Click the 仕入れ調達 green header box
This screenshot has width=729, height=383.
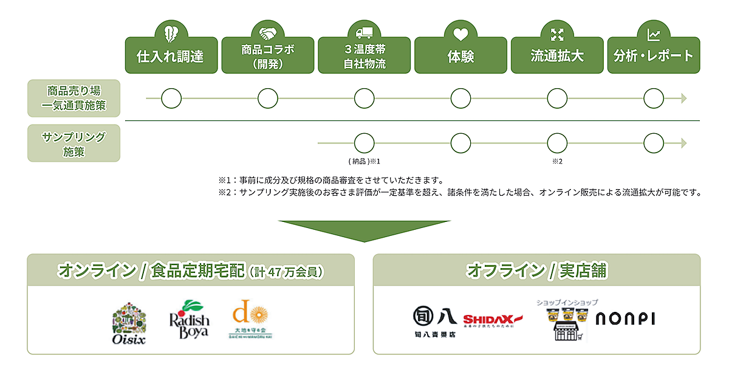coord(171,56)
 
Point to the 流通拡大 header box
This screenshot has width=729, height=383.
coord(557,56)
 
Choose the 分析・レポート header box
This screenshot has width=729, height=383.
coord(653,56)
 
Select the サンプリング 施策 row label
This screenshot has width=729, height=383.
coord(74,143)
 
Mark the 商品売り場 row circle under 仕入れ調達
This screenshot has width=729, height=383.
coord(171,98)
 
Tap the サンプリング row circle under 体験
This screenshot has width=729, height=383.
coord(460,143)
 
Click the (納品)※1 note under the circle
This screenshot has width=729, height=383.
coord(364,161)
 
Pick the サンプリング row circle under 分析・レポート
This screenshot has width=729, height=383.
coord(654,143)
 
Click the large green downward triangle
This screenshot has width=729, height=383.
coord(364,230)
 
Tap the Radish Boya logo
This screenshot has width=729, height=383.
coord(188,319)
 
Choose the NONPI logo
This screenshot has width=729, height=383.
coord(625,319)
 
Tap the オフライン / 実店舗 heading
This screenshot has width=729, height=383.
coord(536,271)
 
